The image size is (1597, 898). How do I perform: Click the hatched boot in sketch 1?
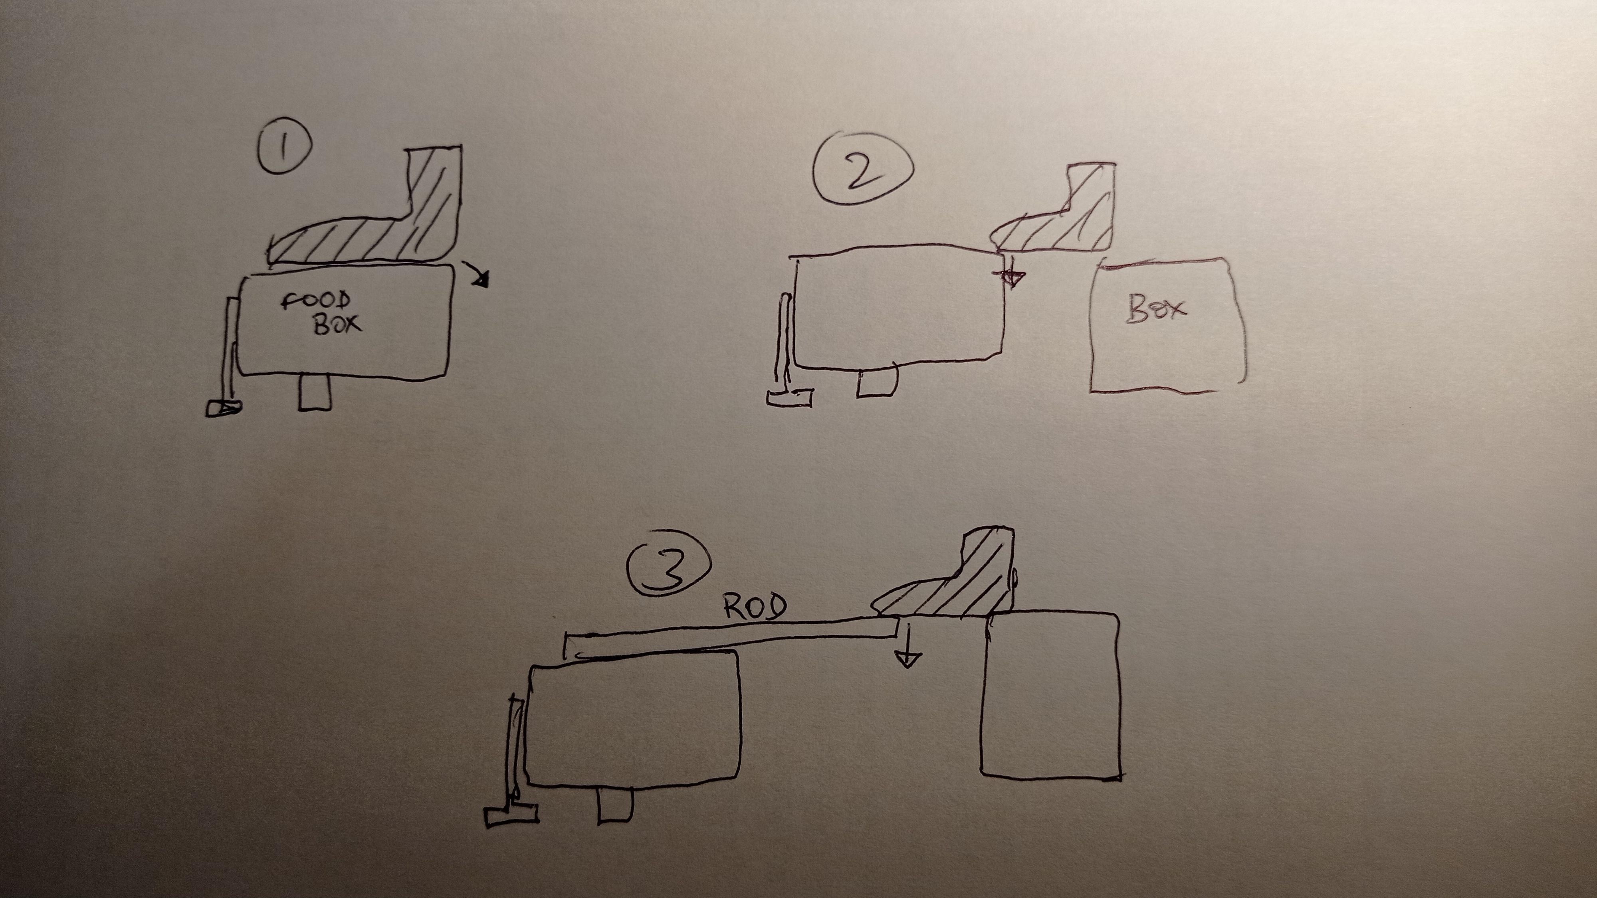[x=372, y=211]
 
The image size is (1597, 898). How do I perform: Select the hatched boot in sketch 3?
[x=949, y=580]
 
